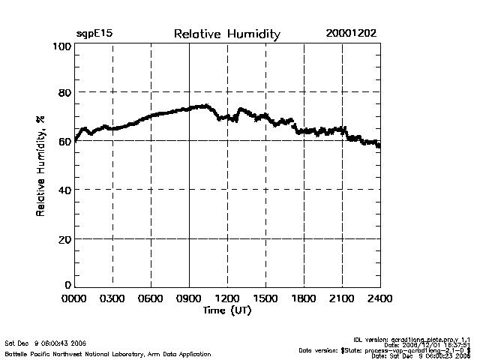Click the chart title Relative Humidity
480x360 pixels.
point(226,34)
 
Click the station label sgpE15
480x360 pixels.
point(94,34)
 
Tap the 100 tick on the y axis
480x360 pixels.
point(62,46)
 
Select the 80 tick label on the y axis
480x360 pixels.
point(64,93)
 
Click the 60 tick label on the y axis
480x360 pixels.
point(64,142)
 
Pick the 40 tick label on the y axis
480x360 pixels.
point(64,190)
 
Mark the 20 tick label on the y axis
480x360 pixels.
point(64,238)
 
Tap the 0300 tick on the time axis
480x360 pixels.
point(113,299)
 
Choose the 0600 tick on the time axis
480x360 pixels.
point(151,299)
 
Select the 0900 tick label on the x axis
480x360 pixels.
point(190,299)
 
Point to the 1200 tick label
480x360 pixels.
point(227,299)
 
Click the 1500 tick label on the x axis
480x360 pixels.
point(265,299)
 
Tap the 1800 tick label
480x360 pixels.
point(304,299)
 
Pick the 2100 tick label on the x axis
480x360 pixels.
point(342,299)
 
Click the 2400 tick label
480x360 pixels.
point(380,299)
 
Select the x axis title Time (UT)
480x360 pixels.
point(226,310)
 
